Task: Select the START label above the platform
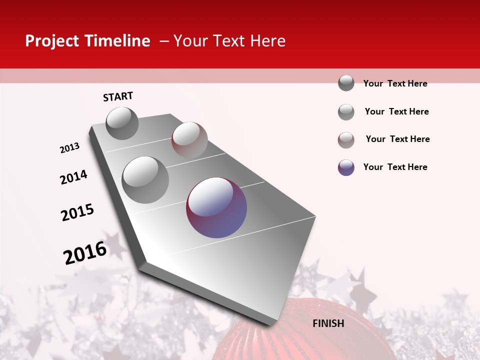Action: [118, 96]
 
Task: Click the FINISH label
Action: [328, 323]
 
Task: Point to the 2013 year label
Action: [69, 148]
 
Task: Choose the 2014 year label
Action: [73, 177]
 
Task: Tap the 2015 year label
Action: [77, 212]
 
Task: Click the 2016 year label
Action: [85, 252]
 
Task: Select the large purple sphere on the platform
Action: [216, 207]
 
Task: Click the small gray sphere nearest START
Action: [122, 123]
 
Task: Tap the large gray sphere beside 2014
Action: [145, 179]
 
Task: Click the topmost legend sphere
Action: [346, 83]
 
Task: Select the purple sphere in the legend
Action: [346, 167]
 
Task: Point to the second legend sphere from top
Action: [346, 112]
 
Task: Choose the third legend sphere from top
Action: [346, 140]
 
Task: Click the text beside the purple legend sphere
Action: [395, 167]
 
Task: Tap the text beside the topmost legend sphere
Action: [395, 83]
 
